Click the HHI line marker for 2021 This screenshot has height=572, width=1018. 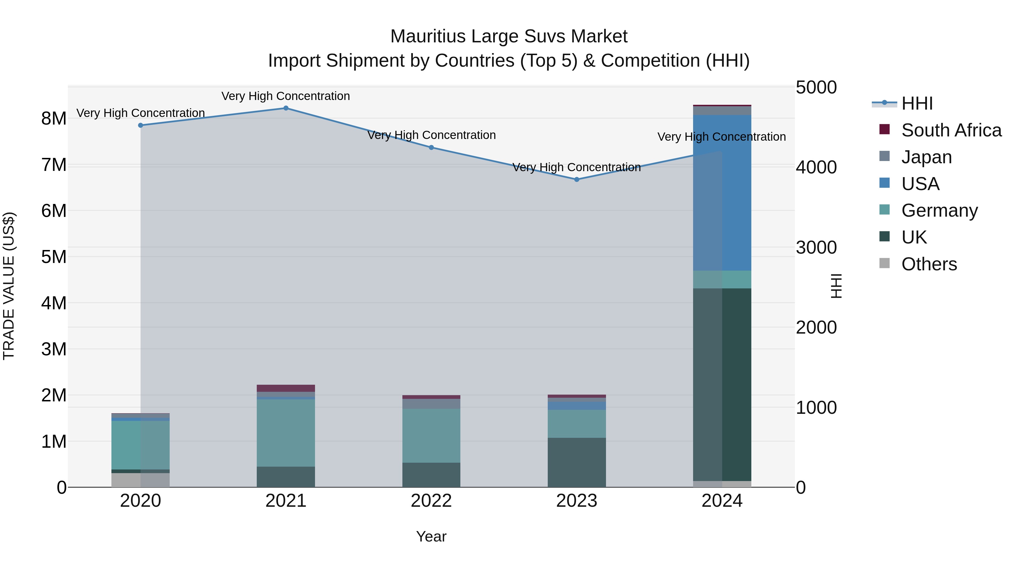tap(286, 108)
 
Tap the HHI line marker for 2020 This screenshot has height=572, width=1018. tap(141, 125)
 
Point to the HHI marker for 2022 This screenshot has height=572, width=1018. tap(431, 148)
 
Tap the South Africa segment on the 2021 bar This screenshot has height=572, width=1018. tap(286, 388)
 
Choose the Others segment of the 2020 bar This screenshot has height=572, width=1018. tap(141, 480)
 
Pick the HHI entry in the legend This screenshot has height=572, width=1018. tap(917, 103)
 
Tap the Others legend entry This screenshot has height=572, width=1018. tap(929, 264)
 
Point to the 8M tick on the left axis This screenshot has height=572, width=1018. tap(54, 118)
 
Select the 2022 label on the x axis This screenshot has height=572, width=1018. tap(431, 501)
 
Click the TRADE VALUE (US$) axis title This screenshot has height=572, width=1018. tap(9, 286)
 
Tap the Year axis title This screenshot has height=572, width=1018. tap(431, 536)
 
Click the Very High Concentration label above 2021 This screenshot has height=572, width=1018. tap(286, 96)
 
